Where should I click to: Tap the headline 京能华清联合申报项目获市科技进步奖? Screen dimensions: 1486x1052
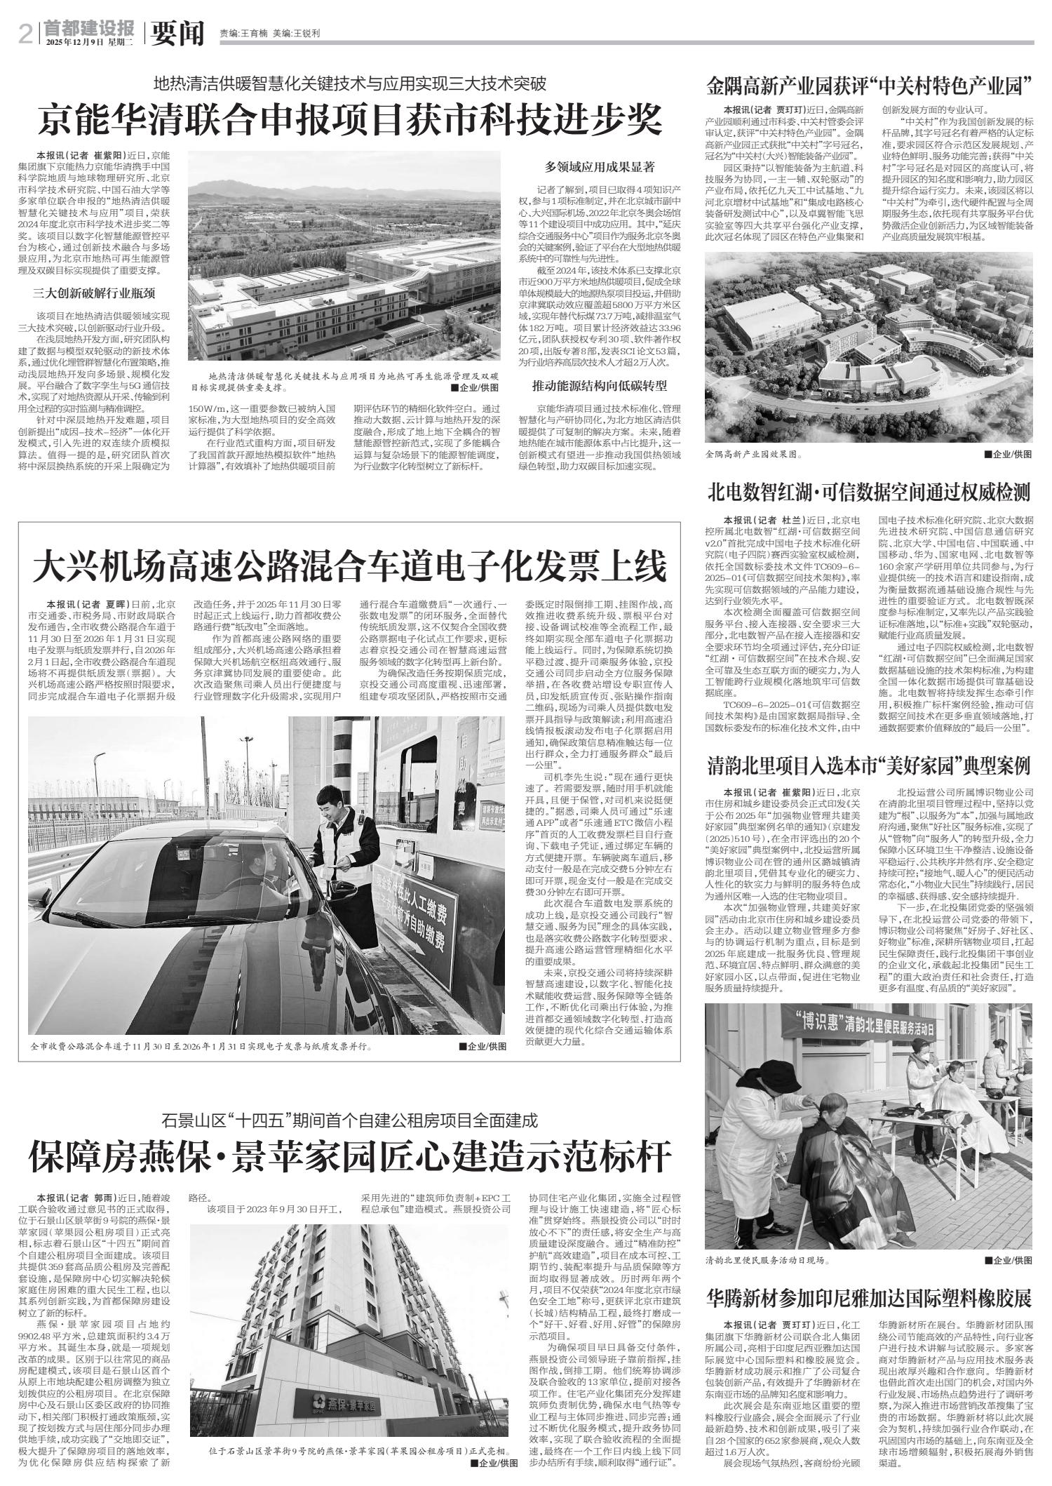click(350, 120)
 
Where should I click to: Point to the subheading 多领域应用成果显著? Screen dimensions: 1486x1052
click(600, 167)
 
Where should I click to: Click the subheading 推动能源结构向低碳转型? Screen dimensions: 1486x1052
click(600, 385)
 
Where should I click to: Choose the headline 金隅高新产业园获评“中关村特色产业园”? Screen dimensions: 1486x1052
click(869, 87)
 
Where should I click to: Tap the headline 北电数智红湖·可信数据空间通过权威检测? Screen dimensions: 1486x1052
click(869, 493)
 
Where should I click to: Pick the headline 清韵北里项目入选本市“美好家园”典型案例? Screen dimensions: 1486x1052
click(869, 765)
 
